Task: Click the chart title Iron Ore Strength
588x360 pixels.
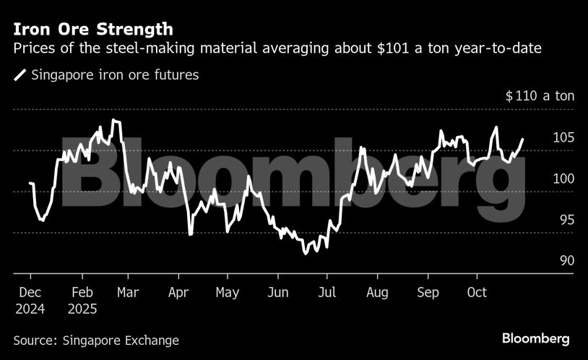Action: click(93, 30)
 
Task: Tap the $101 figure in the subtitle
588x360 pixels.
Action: click(368, 48)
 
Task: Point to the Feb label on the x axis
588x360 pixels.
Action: click(82, 292)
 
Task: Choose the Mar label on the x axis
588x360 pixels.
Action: click(128, 292)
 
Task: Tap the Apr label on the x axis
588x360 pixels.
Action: click(178, 292)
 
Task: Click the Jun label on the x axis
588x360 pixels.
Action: click(278, 292)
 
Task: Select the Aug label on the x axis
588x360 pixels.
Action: click(377, 292)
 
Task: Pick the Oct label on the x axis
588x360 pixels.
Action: click(477, 292)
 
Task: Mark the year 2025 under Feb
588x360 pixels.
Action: click(84, 309)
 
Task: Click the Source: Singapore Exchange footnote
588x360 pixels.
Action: click(96, 340)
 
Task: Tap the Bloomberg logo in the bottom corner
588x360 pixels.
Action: click(536, 338)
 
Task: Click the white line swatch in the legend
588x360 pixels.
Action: click(20, 74)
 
